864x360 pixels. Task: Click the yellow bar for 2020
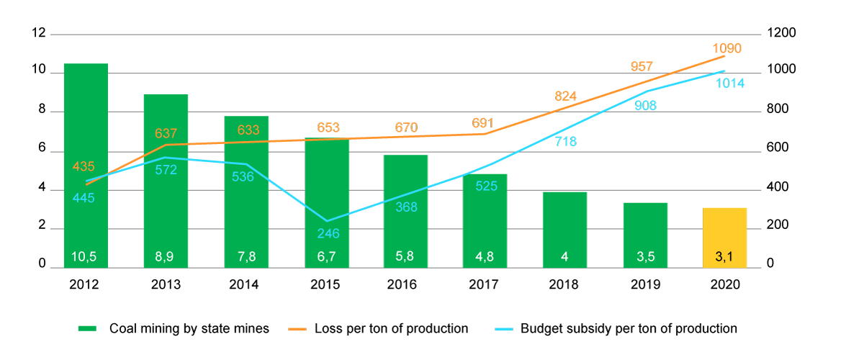[725, 238]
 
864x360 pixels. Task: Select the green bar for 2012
[86, 166]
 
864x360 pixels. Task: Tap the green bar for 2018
[564, 230]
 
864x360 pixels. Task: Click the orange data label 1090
[726, 48]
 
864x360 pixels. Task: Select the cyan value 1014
[730, 84]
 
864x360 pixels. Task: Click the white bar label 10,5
[86, 256]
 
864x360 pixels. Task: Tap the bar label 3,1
[725, 256]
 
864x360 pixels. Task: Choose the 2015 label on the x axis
[326, 284]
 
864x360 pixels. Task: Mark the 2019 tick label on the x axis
[645, 284]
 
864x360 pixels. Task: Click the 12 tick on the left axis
[38, 33]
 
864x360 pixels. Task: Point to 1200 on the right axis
[782, 33]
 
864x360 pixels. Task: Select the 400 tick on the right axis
[779, 188]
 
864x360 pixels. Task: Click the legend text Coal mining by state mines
[189, 329]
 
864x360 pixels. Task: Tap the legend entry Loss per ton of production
[391, 329]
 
